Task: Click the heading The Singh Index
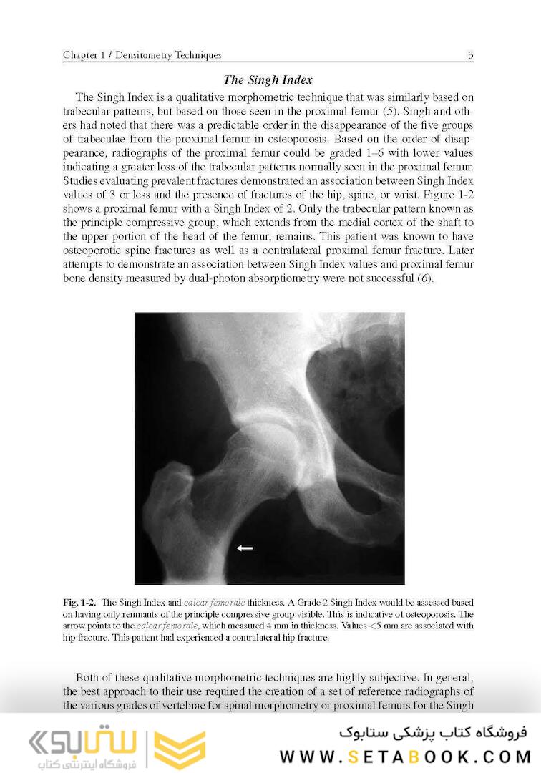(x=268, y=79)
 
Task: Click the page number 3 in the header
(x=470, y=55)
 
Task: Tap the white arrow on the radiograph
(x=245, y=548)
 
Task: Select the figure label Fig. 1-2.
(x=79, y=603)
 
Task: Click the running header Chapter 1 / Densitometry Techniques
(x=142, y=55)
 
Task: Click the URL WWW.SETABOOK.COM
(x=404, y=757)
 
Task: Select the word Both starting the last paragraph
(x=89, y=677)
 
